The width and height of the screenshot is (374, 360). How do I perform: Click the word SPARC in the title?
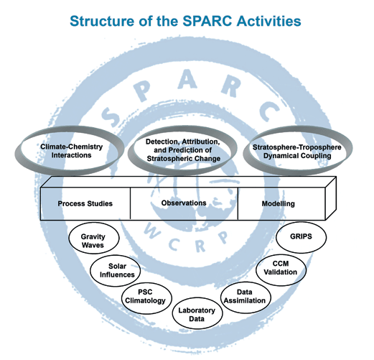click(x=207, y=21)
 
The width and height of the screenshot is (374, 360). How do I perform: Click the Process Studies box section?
click(x=85, y=203)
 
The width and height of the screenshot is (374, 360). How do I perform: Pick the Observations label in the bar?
click(x=184, y=203)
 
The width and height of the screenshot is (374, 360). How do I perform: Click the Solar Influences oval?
click(x=116, y=270)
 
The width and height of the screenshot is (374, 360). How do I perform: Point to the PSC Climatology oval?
click(x=146, y=298)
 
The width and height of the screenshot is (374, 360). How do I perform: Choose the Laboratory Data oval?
click(x=197, y=313)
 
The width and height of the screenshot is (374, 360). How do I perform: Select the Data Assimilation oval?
click(x=246, y=297)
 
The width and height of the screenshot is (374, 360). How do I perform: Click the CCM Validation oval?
click(x=281, y=270)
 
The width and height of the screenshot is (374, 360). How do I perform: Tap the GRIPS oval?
click(x=301, y=237)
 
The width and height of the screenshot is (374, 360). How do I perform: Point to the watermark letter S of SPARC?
click(x=111, y=116)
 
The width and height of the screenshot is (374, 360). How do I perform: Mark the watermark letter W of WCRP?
click(x=151, y=231)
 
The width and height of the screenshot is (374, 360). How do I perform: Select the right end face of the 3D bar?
click(x=331, y=198)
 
